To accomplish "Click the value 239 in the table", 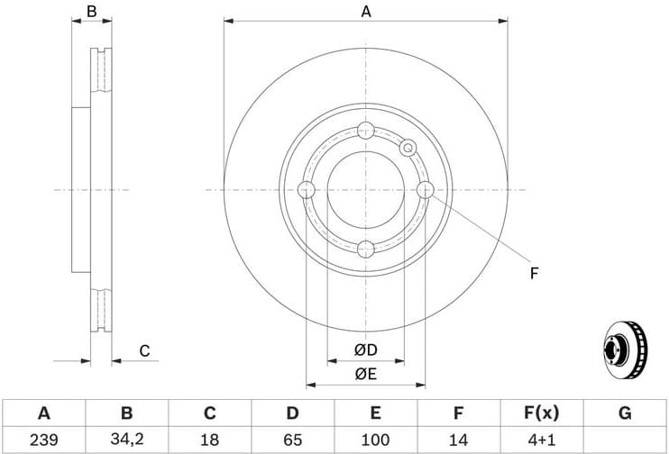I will [43, 440].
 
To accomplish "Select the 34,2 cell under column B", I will [126, 440].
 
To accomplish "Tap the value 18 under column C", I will [209, 440].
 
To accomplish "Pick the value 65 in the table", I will [292, 440].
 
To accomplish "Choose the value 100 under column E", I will [375, 440].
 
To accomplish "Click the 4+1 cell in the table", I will [541, 440].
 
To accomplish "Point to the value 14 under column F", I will [458, 440].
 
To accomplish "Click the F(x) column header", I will [541, 413].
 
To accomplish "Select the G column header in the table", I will [625, 413].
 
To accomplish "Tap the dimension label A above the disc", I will [366, 12].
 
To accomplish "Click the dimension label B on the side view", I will [90, 12].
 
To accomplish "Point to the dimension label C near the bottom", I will [143, 351].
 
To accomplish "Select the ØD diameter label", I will [365, 350].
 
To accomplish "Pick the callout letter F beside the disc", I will [534, 273].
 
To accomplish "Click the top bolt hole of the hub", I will [366, 130].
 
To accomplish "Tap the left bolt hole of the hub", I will [306, 190].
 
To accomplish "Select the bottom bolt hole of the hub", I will [366, 250].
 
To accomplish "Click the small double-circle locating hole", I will [408, 148].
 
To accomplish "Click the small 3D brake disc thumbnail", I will [624, 351].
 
